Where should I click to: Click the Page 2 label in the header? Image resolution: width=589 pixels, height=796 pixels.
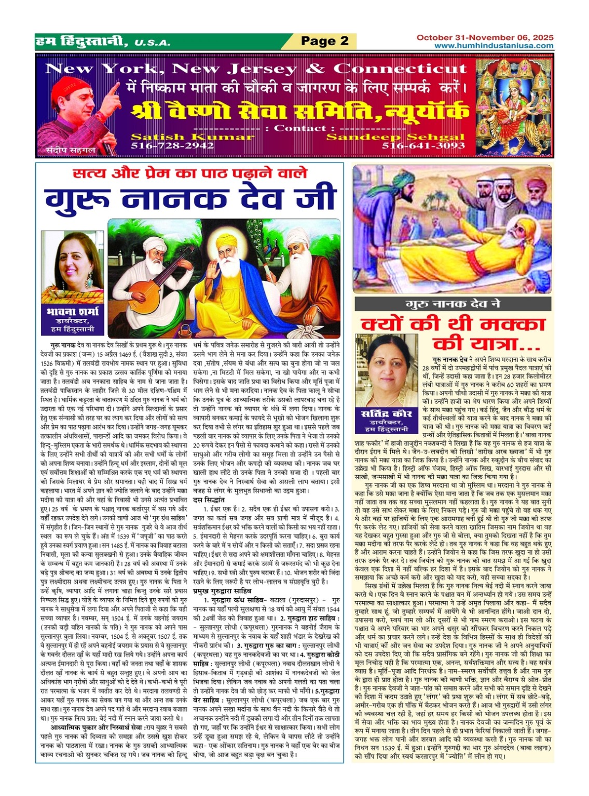pos(325,41)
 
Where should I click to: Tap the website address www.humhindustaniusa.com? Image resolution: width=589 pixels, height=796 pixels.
pos(494,46)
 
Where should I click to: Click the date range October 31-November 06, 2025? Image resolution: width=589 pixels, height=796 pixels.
pos(485,37)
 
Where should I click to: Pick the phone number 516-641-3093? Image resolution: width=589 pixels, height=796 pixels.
pos(423,146)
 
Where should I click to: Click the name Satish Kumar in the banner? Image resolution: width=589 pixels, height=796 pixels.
pos(193,137)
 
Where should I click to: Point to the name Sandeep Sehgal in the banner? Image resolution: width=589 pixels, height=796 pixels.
pos(395,137)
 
